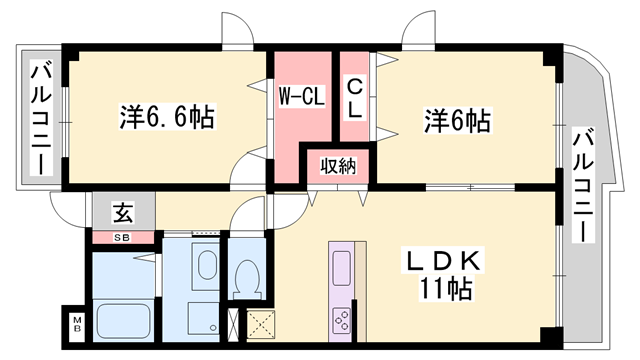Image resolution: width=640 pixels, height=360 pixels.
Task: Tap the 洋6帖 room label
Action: click(455, 121)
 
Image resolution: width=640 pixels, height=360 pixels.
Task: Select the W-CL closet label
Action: click(299, 98)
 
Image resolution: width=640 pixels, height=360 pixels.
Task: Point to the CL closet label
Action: click(354, 98)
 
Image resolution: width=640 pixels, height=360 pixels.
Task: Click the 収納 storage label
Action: click(337, 165)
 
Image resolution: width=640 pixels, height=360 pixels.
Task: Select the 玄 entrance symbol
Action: click(121, 213)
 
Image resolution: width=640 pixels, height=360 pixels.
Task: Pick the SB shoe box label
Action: click(121, 238)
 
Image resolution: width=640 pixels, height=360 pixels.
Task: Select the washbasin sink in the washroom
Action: click(206, 266)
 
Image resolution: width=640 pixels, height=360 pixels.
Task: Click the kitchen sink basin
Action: click(340, 269)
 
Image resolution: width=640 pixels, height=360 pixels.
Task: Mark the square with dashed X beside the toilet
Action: click(264, 324)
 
